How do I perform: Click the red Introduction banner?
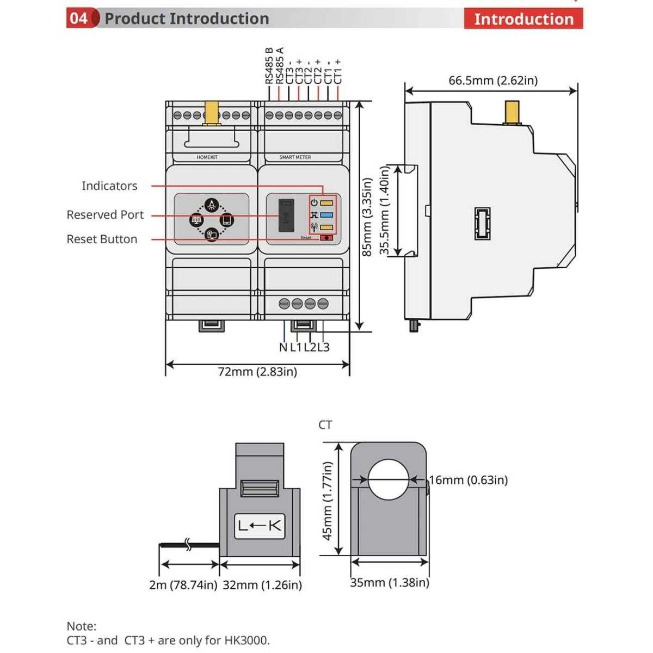pyautogui.click(x=523, y=19)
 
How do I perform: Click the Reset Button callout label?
pyautogui.click(x=102, y=239)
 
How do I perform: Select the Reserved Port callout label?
pyautogui.click(x=105, y=214)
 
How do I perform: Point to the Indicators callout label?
pyautogui.click(x=109, y=186)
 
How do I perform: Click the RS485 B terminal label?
pyautogui.click(x=269, y=66)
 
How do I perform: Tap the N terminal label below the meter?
pyautogui.click(x=283, y=347)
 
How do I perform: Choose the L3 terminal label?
pyautogui.click(x=324, y=347)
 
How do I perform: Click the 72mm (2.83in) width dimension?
pyautogui.click(x=257, y=372)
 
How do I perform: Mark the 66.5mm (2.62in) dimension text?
pyautogui.click(x=493, y=81)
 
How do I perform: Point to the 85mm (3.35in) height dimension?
pyautogui.click(x=367, y=217)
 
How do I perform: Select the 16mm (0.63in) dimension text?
pyautogui.click(x=469, y=480)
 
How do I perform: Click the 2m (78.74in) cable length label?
pyautogui.click(x=183, y=585)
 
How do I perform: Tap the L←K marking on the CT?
pyautogui.click(x=260, y=526)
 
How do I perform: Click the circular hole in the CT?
pyautogui.click(x=388, y=479)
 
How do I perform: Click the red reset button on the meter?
pyautogui.click(x=326, y=238)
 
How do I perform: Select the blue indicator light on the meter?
pyautogui.click(x=326, y=215)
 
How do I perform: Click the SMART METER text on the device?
pyautogui.click(x=295, y=157)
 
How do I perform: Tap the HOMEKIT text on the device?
pyautogui.click(x=207, y=157)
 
